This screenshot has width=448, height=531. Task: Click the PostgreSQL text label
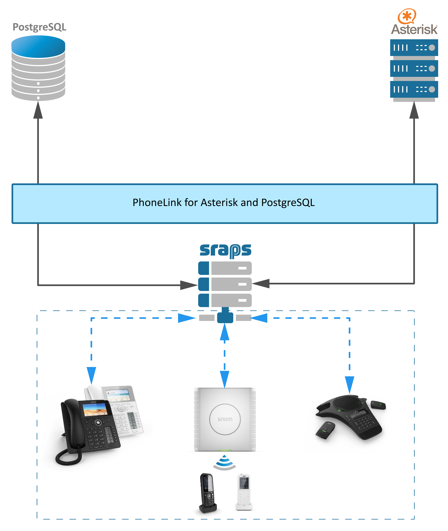39,27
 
